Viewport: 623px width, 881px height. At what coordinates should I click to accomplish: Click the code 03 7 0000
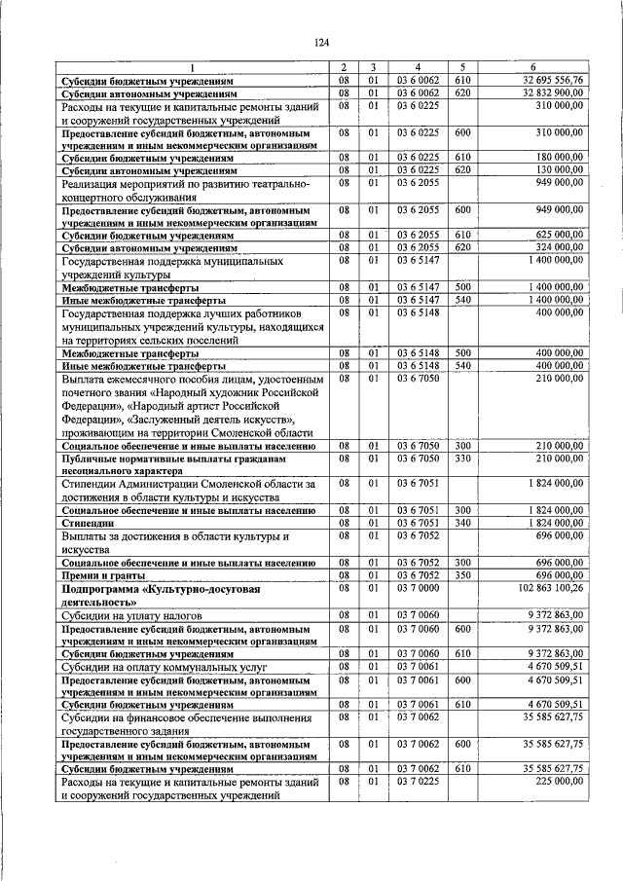[416, 588]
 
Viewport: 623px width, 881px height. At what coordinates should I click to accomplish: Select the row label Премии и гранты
[100, 575]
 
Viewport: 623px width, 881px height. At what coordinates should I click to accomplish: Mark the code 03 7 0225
[416, 782]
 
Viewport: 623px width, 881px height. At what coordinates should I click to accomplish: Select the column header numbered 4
[416, 67]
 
